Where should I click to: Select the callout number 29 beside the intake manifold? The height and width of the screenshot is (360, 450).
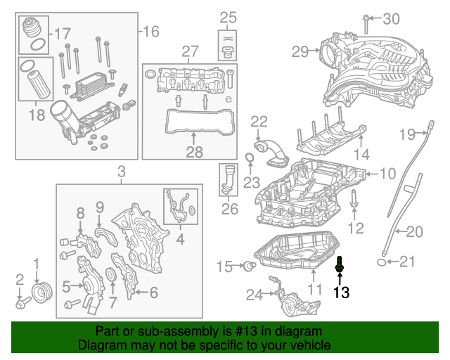point(300,51)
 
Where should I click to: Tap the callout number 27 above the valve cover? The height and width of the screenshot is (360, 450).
point(191,51)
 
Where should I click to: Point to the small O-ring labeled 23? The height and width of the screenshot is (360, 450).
point(250,156)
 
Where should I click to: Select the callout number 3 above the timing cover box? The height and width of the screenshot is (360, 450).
point(121,172)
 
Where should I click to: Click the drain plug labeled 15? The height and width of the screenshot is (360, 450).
point(247,266)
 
